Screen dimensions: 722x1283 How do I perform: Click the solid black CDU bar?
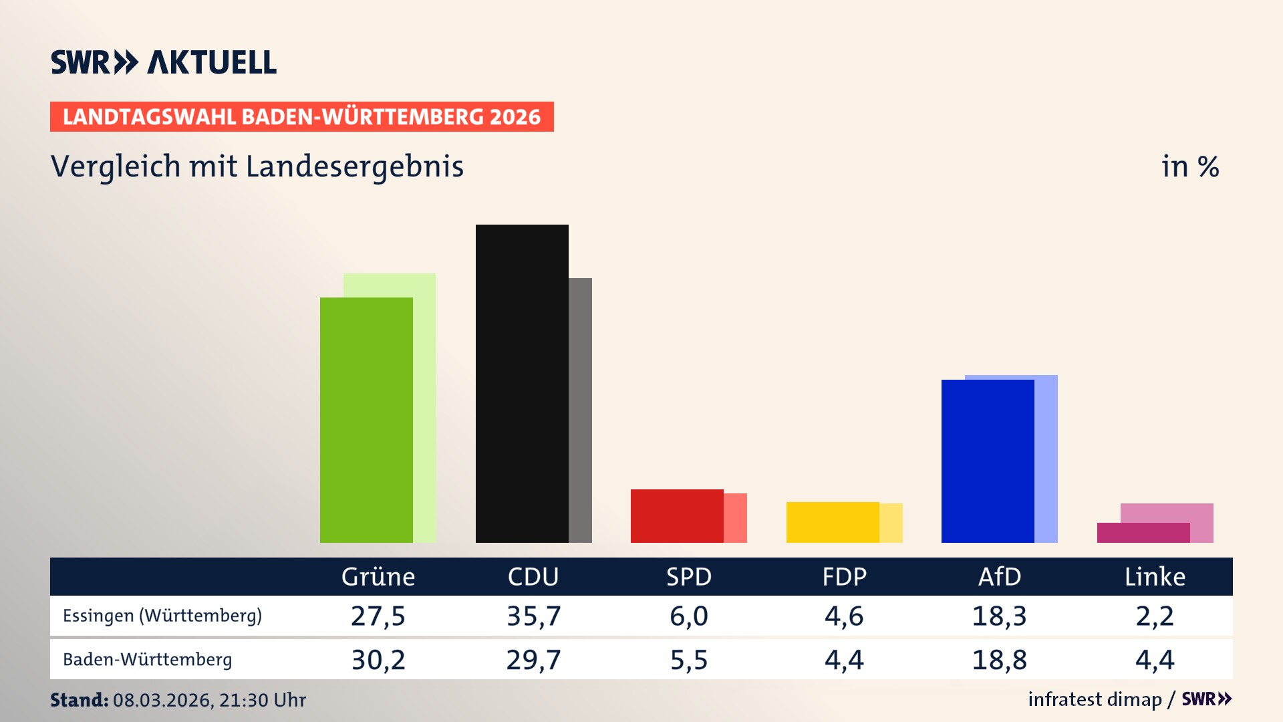click(522, 384)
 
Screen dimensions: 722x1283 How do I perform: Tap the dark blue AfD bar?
click(988, 461)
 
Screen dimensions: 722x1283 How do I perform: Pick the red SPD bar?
click(677, 516)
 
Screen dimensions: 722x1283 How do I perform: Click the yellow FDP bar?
click(833, 522)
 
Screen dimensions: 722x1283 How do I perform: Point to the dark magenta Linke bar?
click(1143, 533)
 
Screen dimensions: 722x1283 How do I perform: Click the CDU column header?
click(533, 577)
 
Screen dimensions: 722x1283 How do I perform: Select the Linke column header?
click(1155, 577)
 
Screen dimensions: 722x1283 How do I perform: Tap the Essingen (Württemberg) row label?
click(162, 616)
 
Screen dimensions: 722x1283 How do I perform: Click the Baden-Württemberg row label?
click(148, 660)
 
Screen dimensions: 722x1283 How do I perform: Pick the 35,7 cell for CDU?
click(533, 616)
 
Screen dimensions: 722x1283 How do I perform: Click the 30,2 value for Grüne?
click(378, 660)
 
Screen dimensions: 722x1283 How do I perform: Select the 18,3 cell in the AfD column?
click(999, 616)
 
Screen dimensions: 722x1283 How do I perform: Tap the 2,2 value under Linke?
click(1155, 616)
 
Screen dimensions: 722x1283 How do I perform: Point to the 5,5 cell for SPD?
click(689, 660)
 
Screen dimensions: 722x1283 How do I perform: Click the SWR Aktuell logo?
click(164, 62)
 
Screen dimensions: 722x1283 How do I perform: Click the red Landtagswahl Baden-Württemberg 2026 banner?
click(301, 117)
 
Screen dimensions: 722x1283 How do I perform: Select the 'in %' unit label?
click(1190, 167)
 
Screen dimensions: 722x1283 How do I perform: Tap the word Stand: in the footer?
click(79, 700)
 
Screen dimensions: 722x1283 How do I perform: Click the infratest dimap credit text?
click(1095, 699)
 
